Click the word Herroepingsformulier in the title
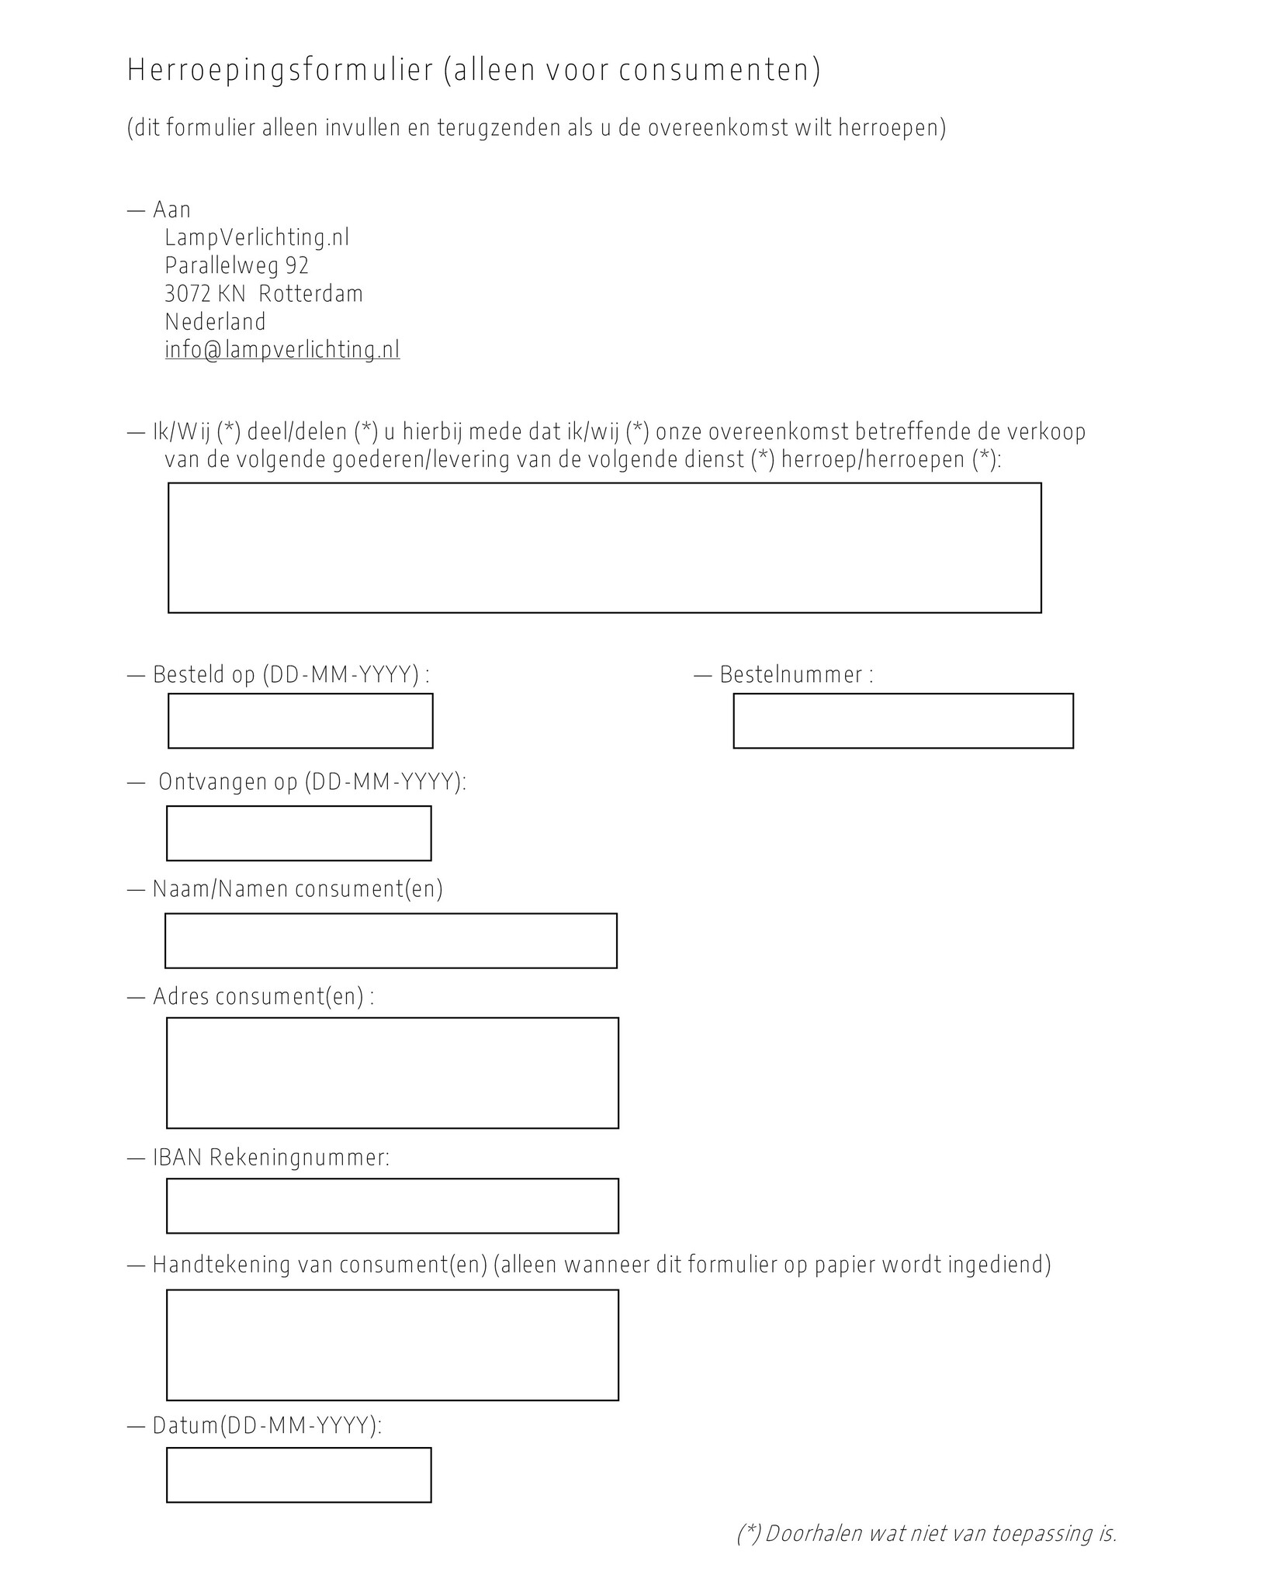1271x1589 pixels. [280, 71]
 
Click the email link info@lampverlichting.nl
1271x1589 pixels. [282, 350]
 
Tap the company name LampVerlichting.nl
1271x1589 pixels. [257, 237]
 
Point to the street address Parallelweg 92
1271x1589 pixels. [237, 266]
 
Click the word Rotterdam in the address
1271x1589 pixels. [310, 294]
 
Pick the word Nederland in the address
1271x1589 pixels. [215, 322]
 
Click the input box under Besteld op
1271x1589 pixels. [300, 721]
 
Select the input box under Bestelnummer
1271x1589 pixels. [903, 721]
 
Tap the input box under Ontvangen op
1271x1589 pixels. [299, 833]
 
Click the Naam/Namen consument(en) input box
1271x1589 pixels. [391, 940]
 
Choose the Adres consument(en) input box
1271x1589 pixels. [393, 1072]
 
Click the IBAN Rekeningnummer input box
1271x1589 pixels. [393, 1206]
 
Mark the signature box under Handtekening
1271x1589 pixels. [393, 1345]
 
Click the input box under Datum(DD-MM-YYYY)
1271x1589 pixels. [299, 1475]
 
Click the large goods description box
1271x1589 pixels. [604, 548]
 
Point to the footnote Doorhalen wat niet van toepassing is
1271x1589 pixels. [926, 1534]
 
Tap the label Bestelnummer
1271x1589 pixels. [791, 675]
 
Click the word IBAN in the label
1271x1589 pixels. [178, 1158]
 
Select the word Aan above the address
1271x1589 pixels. [171, 209]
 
